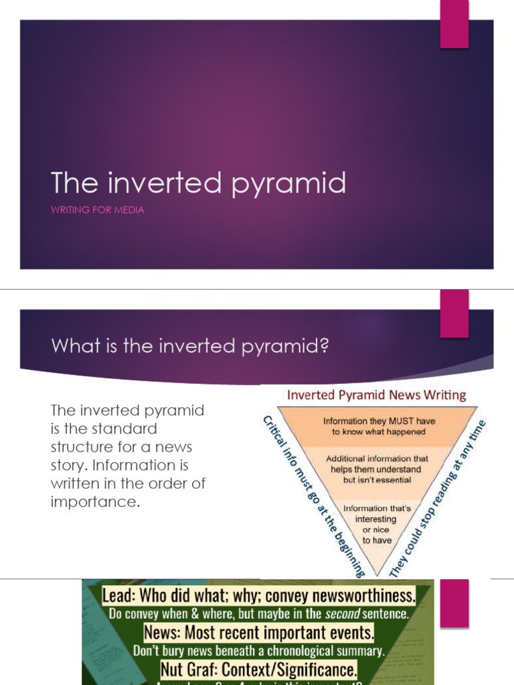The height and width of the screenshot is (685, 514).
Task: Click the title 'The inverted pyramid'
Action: click(x=198, y=183)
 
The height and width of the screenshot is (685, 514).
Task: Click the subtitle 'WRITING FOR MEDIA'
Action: click(x=98, y=210)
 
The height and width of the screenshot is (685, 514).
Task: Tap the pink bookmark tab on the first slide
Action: click(x=454, y=24)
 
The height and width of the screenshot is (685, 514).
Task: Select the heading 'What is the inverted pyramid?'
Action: click(x=190, y=346)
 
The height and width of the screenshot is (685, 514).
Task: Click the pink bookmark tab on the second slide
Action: click(x=454, y=313)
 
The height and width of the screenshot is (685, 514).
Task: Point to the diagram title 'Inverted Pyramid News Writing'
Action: click(x=376, y=395)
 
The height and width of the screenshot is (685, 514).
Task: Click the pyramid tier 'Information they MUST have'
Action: click(x=379, y=427)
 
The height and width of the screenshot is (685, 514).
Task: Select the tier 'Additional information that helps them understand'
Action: click(x=377, y=470)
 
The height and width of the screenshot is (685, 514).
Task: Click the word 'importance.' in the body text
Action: click(x=96, y=502)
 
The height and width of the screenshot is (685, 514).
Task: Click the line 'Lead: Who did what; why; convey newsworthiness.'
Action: click(x=258, y=595)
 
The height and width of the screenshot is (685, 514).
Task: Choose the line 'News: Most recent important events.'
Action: click(x=258, y=632)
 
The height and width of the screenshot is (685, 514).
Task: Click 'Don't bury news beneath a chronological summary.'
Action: click(x=258, y=650)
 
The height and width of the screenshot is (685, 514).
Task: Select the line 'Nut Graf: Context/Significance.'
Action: click(x=258, y=668)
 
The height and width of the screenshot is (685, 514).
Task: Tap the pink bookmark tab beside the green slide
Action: click(x=454, y=602)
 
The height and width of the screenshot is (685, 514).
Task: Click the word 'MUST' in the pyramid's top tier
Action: click(x=406, y=421)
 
